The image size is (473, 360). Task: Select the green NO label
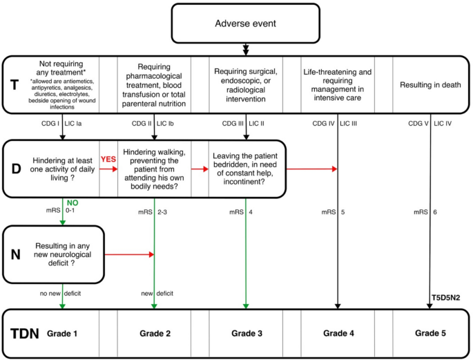[x=72, y=202]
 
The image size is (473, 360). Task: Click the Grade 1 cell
[x=64, y=333]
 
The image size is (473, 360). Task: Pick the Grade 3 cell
[x=246, y=333]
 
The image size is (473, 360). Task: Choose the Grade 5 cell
[x=430, y=333]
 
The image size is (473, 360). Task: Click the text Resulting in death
[x=430, y=85]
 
